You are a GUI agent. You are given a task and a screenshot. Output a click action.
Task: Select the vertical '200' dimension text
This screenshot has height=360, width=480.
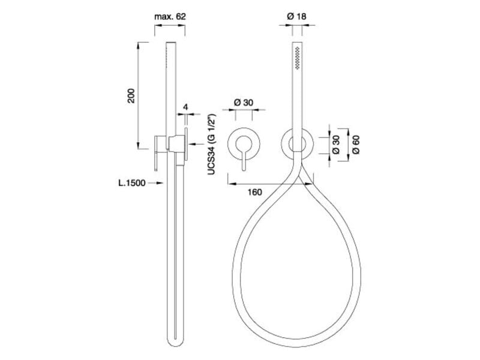coord(132,95)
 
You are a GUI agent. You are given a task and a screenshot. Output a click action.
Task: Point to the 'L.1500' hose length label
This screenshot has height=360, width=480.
coord(132,184)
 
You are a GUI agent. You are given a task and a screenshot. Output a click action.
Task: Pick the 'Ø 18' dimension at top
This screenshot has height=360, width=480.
coord(297,17)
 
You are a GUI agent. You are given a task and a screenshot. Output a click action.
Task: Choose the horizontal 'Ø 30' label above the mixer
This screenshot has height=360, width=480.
coord(242,103)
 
